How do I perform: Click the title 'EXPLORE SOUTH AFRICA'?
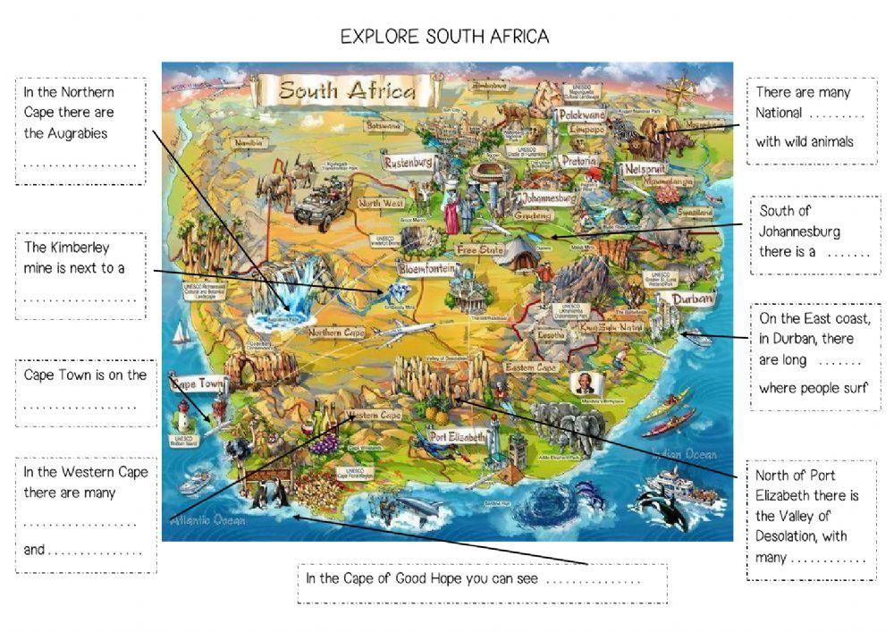(444, 37)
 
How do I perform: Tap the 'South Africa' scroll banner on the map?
(347, 90)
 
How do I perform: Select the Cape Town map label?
(198, 383)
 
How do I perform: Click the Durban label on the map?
(693, 299)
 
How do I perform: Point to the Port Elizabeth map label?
(458, 436)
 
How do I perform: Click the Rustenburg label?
(409, 163)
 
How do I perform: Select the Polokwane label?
(581, 114)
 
